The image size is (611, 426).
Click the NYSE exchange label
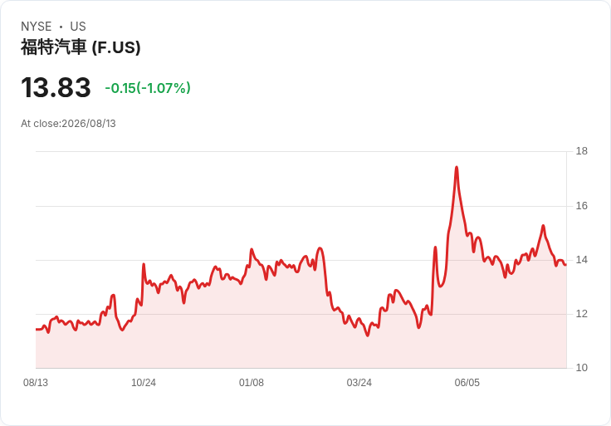37,27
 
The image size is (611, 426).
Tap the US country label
78,27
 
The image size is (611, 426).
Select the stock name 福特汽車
53,47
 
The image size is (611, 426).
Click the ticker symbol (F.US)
116,47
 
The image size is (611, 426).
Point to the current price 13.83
56,87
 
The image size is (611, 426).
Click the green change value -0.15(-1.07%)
148,88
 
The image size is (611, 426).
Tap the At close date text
68,124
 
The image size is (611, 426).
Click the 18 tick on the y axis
581,151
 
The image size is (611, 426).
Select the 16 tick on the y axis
581,206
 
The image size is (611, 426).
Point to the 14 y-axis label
581,260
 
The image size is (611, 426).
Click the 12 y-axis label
581,314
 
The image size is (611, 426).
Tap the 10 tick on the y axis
581,368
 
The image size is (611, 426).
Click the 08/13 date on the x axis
36,383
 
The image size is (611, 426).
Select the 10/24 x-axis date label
144,383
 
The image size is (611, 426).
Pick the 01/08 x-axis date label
252,383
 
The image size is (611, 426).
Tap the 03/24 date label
359,383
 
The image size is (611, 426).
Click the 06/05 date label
467,383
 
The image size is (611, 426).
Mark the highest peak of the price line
457,167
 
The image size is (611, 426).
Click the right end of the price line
565,265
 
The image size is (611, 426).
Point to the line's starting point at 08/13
37,330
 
